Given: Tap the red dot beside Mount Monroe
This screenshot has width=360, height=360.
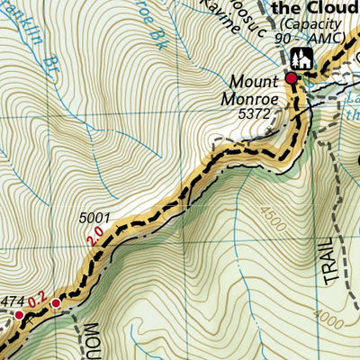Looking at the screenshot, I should (x=291, y=80).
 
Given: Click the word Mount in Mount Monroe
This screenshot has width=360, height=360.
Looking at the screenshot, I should (x=253, y=78).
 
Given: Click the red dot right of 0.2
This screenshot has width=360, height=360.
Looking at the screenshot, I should (x=56, y=303).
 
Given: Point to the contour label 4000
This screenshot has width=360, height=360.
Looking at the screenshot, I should (x=328, y=318).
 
